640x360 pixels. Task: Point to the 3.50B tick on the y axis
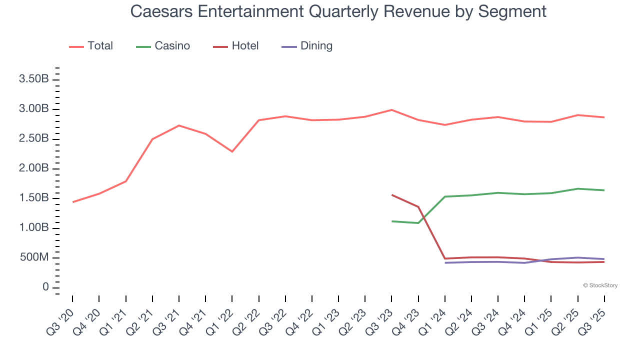[x=34, y=79]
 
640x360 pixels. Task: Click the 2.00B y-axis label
[x=34, y=168]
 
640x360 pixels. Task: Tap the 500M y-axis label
[x=34, y=258]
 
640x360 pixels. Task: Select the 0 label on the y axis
[x=45, y=287]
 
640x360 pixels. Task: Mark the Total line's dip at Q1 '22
[x=232, y=151]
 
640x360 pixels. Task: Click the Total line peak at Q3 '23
[x=391, y=110]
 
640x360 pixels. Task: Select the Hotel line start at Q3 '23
[x=392, y=195]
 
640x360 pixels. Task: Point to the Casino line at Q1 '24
[x=444, y=196]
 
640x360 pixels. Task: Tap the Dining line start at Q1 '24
[x=444, y=263]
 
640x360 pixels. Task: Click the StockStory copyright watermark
[x=600, y=285]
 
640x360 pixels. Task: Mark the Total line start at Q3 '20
[x=73, y=202]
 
